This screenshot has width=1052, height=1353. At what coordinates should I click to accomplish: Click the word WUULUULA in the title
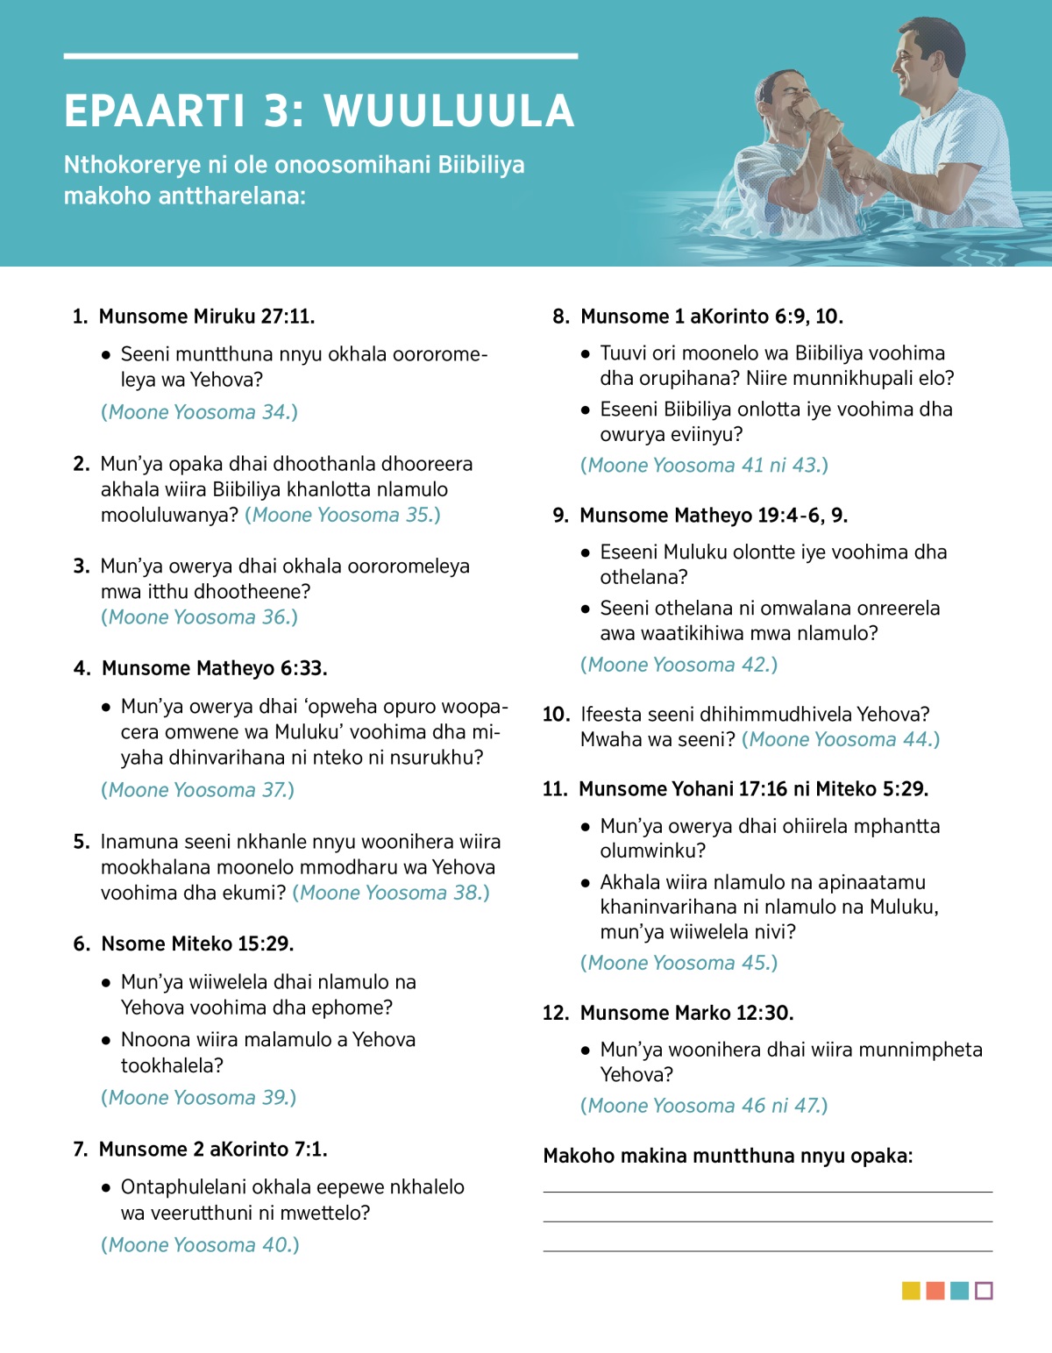[449, 111]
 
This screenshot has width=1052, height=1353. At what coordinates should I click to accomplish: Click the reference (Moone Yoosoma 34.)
[200, 412]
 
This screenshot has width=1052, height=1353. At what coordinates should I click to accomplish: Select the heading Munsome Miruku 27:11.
[207, 317]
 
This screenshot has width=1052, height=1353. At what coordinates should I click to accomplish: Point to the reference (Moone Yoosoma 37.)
[198, 790]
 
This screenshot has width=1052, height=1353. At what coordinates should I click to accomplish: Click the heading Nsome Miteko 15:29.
[197, 944]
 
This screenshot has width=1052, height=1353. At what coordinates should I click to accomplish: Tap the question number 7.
[81, 1150]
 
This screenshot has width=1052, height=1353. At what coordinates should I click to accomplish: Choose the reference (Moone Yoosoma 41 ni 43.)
[704, 466]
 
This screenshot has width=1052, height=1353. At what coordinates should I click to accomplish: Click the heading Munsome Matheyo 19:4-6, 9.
[714, 516]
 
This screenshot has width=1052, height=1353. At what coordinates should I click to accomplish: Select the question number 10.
[556, 715]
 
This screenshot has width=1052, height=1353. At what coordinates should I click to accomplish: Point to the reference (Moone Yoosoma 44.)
[841, 740]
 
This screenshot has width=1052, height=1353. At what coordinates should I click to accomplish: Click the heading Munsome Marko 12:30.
[686, 1014]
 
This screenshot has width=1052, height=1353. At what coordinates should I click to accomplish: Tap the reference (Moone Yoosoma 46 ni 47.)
[704, 1106]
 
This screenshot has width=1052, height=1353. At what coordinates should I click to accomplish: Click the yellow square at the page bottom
[911, 1291]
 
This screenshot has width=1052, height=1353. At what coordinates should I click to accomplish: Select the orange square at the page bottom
[935, 1291]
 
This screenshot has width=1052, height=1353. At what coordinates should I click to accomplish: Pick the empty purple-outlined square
[984, 1291]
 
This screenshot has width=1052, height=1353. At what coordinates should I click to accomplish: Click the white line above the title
[320, 56]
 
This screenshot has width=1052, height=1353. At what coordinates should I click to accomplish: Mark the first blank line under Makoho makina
[767, 1192]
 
